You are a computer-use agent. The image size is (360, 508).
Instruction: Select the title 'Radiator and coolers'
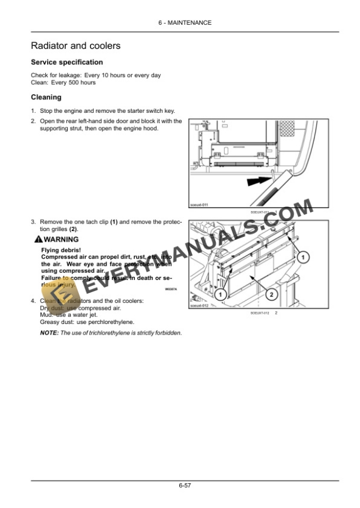(76, 46)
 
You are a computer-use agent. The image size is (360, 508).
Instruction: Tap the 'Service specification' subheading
(66, 62)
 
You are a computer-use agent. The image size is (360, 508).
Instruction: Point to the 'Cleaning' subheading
(46, 98)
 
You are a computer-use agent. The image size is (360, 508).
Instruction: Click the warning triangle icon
(38, 239)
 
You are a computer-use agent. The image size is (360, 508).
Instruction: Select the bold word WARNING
(61, 239)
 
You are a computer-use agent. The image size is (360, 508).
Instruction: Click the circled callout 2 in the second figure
(271, 293)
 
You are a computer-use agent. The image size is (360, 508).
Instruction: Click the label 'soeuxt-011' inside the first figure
(199, 205)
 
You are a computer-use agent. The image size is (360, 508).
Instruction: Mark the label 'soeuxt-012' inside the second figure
(199, 306)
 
